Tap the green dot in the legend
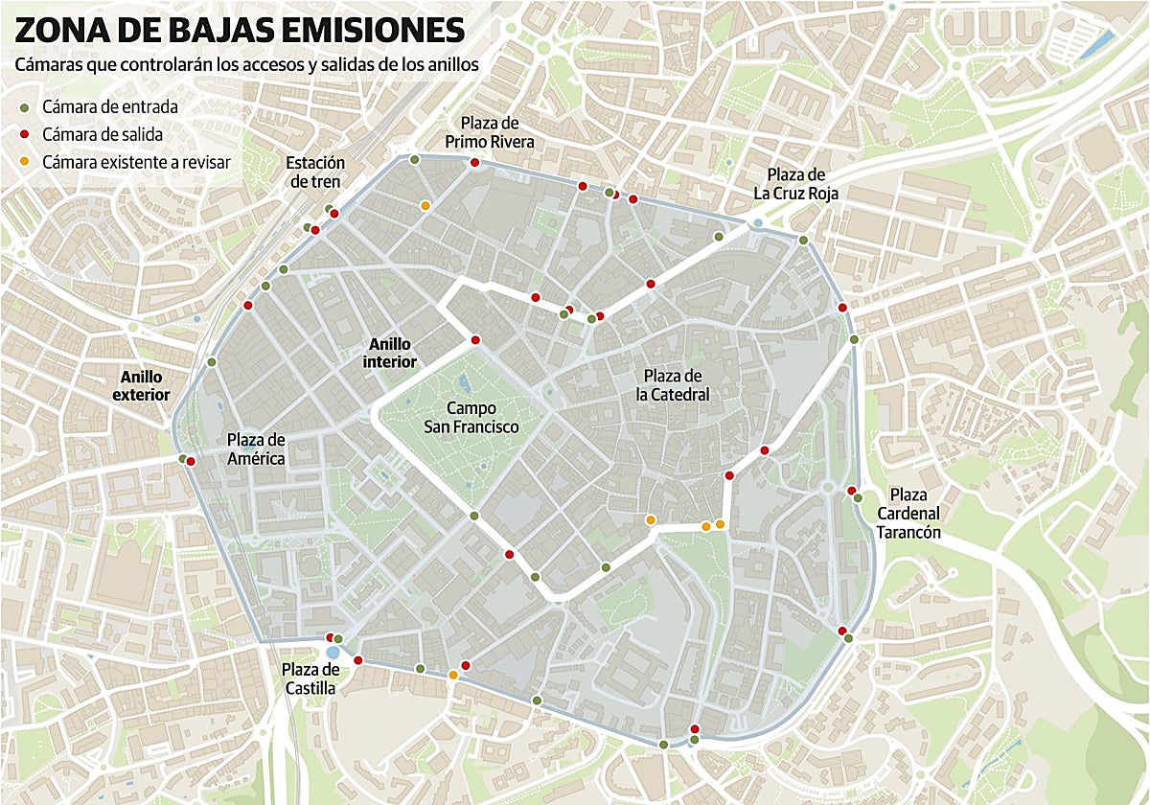click(x=23, y=106)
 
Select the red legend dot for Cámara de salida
click(x=23, y=134)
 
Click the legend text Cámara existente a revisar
click(x=136, y=162)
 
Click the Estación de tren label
click(x=314, y=172)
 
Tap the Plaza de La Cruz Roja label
click(x=795, y=184)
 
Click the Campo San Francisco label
click(x=471, y=417)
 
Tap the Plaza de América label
click(x=256, y=448)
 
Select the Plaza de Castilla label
click(x=310, y=678)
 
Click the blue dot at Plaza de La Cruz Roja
click(x=759, y=223)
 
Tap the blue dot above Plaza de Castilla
click(x=333, y=652)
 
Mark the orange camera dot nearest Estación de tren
click(x=425, y=205)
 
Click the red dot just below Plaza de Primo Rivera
click(x=474, y=164)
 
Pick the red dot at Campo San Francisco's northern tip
click(x=474, y=340)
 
